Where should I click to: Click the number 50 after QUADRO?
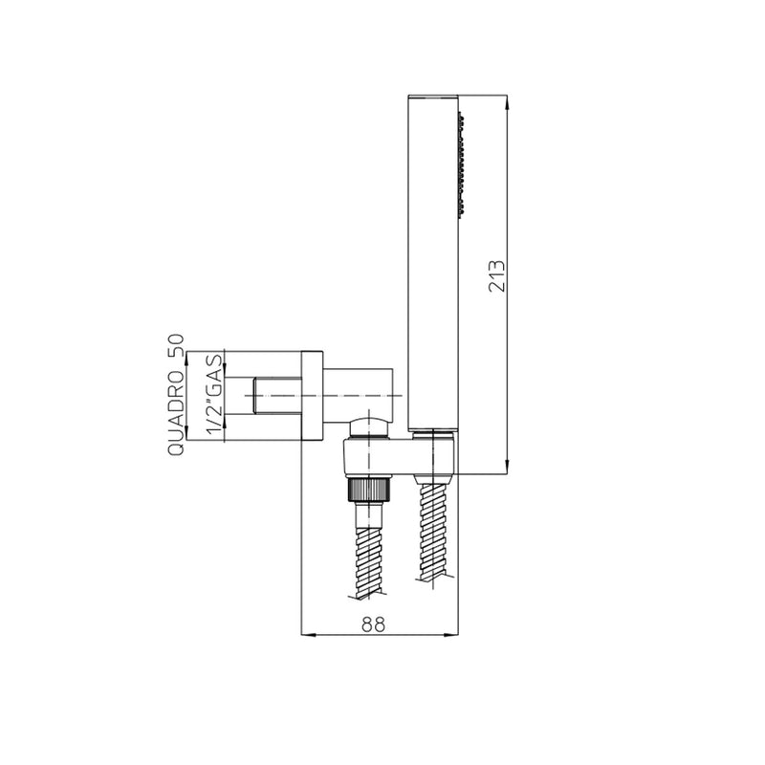click(x=176, y=345)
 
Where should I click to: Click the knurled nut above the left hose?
click(x=369, y=490)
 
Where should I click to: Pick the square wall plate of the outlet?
click(x=312, y=395)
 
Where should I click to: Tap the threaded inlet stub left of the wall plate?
click(x=277, y=395)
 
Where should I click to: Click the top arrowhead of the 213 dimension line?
click(x=506, y=100)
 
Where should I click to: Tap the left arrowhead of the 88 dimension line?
click(x=307, y=635)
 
